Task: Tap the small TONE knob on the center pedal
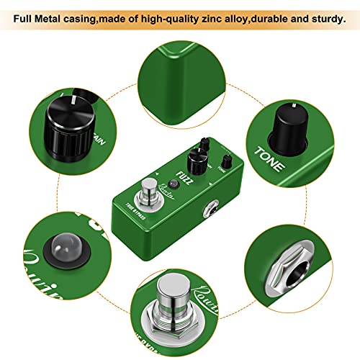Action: tap(225, 161)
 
